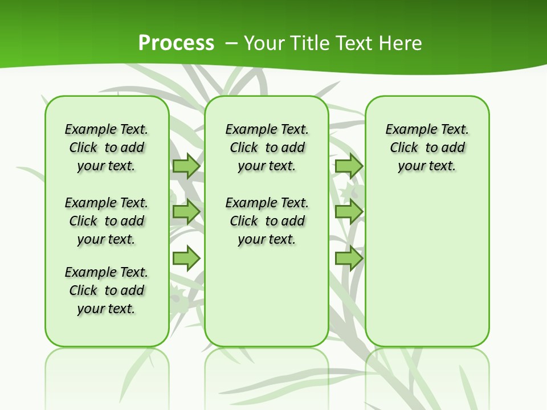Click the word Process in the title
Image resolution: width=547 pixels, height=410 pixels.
click(x=176, y=43)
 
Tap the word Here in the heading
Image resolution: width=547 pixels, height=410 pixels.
click(x=400, y=43)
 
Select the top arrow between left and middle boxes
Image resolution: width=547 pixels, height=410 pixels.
click(x=186, y=166)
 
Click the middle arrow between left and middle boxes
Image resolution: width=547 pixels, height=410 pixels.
click(x=186, y=212)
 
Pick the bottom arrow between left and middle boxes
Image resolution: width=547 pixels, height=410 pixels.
click(x=186, y=259)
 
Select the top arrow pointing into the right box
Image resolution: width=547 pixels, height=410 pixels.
click(x=349, y=166)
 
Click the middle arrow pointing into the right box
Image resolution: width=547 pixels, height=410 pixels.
click(x=349, y=212)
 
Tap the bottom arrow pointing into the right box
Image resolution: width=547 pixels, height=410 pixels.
click(x=349, y=259)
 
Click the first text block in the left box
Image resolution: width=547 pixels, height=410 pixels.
click(x=107, y=147)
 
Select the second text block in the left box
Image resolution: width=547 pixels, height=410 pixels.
click(x=107, y=221)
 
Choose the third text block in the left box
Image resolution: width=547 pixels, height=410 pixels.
click(x=107, y=290)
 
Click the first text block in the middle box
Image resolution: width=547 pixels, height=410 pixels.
click(x=267, y=147)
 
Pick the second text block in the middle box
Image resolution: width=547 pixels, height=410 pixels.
click(x=267, y=221)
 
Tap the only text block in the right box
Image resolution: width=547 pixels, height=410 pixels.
click(x=427, y=147)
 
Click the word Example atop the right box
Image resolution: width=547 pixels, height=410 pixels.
click(x=409, y=130)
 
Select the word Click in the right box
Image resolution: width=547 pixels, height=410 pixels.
click(x=404, y=148)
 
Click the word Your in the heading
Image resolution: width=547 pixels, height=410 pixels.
click(x=265, y=43)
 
